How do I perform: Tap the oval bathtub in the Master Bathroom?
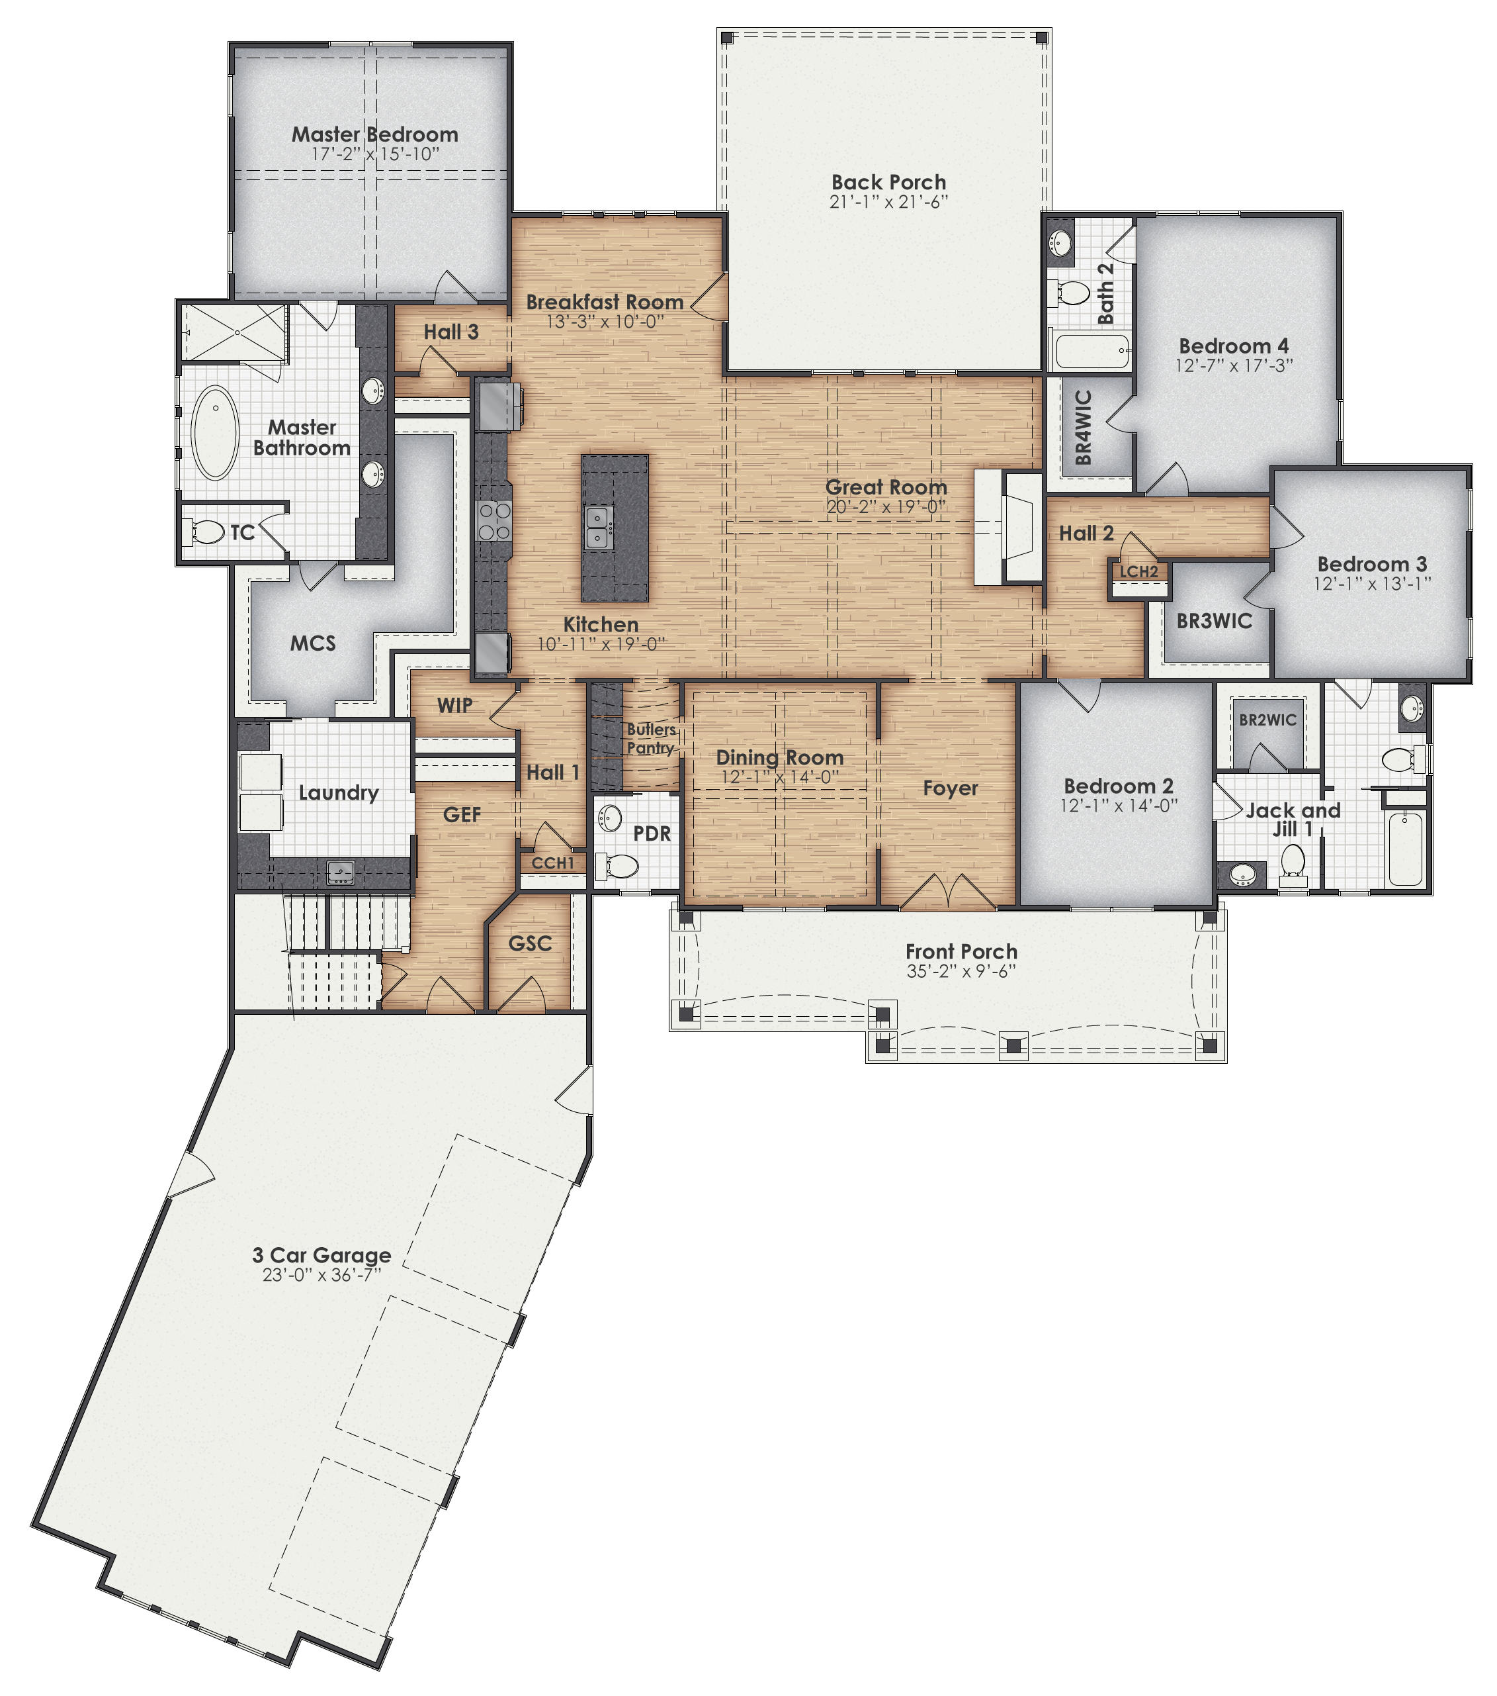[215, 432]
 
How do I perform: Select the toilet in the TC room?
[206, 532]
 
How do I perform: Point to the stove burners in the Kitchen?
[493, 521]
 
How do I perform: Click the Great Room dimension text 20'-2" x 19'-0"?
[886, 507]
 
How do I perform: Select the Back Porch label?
[888, 181]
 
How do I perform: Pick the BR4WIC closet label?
[1083, 428]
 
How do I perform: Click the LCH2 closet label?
[1138, 572]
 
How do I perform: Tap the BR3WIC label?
[1214, 621]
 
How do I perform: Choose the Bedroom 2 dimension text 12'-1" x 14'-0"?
[1118, 806]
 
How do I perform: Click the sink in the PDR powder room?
[611, 818]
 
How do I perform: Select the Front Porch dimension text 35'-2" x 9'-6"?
[961, 972]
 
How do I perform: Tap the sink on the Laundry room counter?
[341, 871]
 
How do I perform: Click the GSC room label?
[530, 943]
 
